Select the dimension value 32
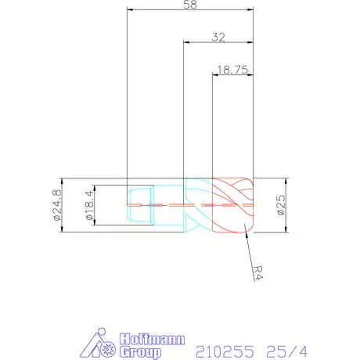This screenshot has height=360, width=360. [x=218, y=37]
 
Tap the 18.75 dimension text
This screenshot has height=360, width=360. [x=233, y=69]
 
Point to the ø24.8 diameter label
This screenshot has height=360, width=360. [x=57, y=204]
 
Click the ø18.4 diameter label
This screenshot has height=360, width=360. [x=88, y=204]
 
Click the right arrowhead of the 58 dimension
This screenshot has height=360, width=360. [x=251, y=10]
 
